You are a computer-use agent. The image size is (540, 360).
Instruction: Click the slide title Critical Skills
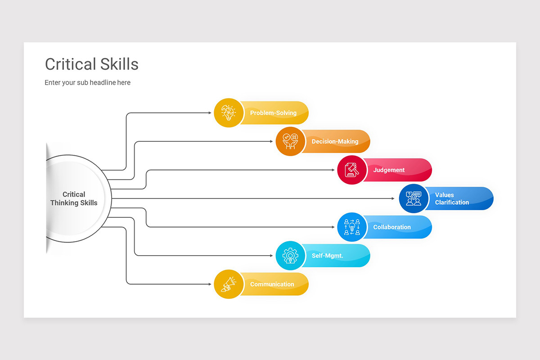tap(92, 64)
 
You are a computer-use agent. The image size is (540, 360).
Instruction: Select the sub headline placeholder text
tap(87, 82)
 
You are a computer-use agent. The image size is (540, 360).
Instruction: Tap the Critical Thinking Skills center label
tap(74, 198)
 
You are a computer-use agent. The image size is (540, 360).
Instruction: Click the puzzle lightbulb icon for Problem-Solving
tap(229, 112)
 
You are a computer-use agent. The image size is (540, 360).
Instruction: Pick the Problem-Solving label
tap(273, 113)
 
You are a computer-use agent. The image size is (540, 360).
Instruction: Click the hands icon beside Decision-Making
tap(290, 141)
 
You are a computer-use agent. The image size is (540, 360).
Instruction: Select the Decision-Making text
tap(335, 141)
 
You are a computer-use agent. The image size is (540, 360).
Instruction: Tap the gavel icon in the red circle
tap(352, 170)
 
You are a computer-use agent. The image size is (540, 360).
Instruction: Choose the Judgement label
tap(389, 170)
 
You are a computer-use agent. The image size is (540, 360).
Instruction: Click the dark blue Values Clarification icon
tap(414, 198)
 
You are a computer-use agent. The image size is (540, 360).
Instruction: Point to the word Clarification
tap(452, 202)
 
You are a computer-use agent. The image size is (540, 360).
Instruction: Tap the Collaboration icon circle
tap(352, 227)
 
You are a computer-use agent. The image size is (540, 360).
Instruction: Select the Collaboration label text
tap(392, 227)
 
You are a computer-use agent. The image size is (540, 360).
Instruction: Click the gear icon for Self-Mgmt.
tap(290, 256)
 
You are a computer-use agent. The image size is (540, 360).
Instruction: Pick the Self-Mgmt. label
tap(328, 256)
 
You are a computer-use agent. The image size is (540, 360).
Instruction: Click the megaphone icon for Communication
tap(229, 284)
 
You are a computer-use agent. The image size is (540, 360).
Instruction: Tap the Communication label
tap(272, 284)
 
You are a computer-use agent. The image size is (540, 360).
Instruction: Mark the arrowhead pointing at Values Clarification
tap(393, 198)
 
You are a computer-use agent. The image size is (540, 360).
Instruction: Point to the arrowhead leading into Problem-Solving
tap(210, 112)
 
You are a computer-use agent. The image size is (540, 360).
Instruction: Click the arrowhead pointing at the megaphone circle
tap(210, 284)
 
